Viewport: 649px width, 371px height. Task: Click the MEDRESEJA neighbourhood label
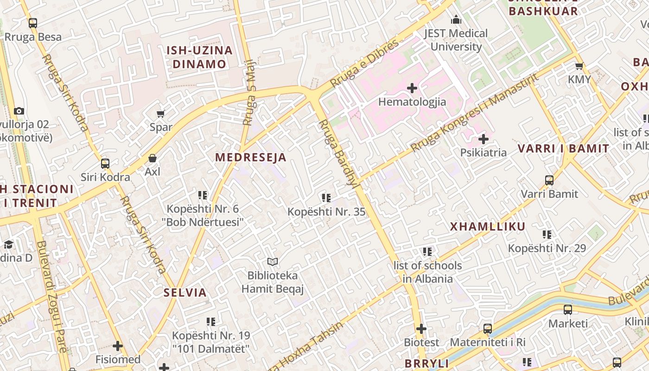tap(250, 157)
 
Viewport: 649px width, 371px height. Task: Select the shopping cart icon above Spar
tap(161, 114)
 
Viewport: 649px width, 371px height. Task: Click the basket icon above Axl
tap(152, 159)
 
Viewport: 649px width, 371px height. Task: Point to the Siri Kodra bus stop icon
tap(105, 164)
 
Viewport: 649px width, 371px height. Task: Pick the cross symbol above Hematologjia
tap(412, 88)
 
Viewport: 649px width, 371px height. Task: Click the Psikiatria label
tap(483, 153)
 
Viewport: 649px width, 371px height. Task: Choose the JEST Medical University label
tap(456, 40)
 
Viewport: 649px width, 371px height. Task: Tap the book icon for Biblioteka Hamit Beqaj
tap(272, 262)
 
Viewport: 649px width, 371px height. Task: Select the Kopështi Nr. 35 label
tap(326, 212)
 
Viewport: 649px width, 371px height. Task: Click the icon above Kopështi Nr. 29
tap(547, 235)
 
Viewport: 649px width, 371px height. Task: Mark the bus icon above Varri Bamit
tap(549, 180)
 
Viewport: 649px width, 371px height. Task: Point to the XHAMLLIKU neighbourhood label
tap(488, 226)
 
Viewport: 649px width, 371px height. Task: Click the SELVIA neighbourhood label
tap(185, 293)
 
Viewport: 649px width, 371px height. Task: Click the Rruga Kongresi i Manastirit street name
tap(475, 112)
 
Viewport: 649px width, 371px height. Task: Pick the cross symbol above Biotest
tap(421, 329)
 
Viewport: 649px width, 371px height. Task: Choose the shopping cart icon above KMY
tap(579, 66)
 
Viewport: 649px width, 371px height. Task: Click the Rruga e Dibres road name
tap(364, 63)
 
